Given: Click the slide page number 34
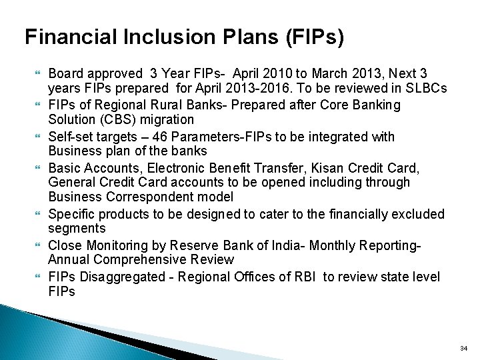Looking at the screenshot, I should point(463,348).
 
